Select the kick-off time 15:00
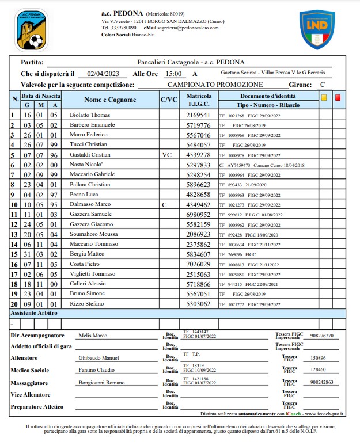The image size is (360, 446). pyautogui.click(x=173, y=74)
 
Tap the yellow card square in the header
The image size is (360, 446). pyautogui.click(x=324, y=97)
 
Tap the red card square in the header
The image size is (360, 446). pyautogui.click(x=338, y=97)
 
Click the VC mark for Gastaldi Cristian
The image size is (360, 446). pyautogui.click(x=168, y=155)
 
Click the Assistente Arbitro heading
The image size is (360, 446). pyautogui.click(x=35, y=313)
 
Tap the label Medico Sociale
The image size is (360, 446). pyautogui.click(x=33, y=370)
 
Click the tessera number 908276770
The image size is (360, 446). pyautogui.click(x=321, y=335)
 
